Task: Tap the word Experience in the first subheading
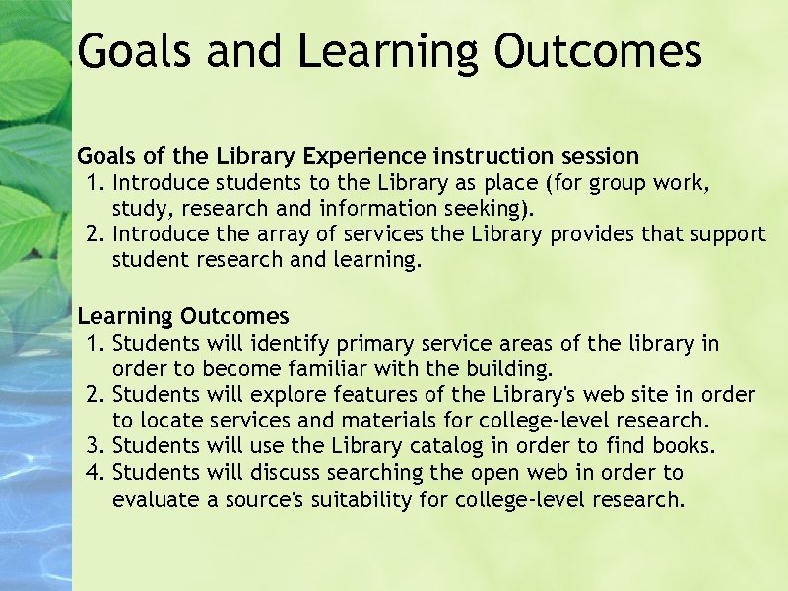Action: click(x=364, y=156)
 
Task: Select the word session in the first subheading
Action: click(x=599, y=156)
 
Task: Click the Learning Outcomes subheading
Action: click(x=183, y=316)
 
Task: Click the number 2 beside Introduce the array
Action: click(x=95, y=234)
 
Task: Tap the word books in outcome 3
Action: click(x=687, y=446)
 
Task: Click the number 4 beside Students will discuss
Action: click(x=95, y=473)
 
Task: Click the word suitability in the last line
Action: click(x=367, y=499)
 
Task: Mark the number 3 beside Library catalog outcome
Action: click(x=95, y=446)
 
